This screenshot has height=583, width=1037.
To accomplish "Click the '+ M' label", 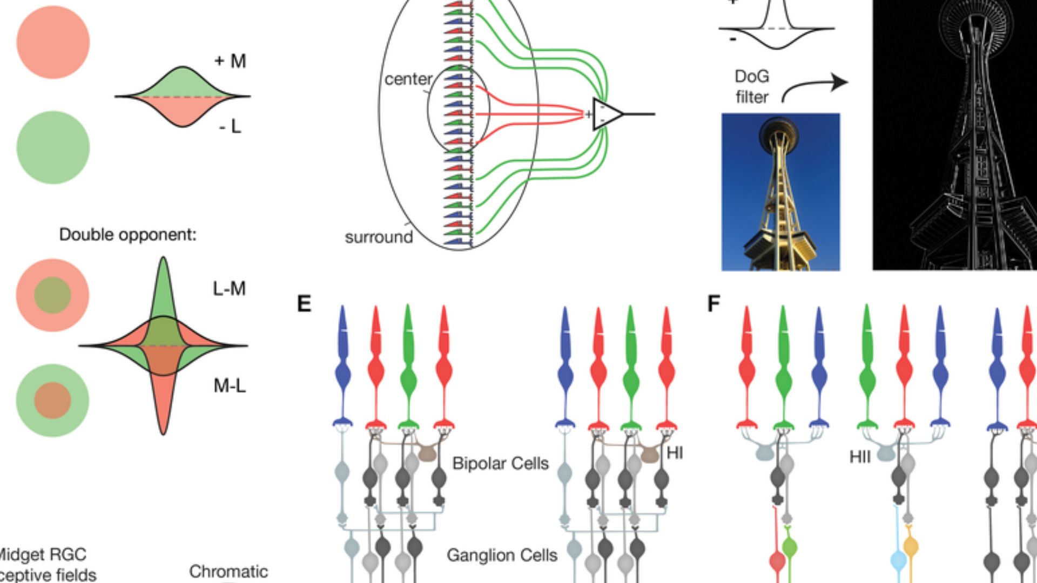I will coord(231,61).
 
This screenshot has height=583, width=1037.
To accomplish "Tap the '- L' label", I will coord(230,127).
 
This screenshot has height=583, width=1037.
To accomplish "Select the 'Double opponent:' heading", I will coord(128,235).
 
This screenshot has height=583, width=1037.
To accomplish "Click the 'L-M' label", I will coord(229,289).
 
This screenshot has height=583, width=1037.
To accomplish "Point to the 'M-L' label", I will coord(230,386).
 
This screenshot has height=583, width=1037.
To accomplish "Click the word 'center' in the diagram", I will coord(408,79).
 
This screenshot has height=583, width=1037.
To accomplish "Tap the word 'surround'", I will coord(379,237).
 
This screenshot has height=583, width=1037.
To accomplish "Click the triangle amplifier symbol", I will coord(607,114).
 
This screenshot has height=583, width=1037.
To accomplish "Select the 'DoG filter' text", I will coord(751,87).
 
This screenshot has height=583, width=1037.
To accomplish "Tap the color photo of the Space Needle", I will coord(780,192).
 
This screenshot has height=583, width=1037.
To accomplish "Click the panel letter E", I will coord(304,304).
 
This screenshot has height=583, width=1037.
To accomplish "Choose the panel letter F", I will coord(713,304).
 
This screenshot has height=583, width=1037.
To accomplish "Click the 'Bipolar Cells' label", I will coord(500,464).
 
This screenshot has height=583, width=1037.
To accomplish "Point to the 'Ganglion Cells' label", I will coord(502,555).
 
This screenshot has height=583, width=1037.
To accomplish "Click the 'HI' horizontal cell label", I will coord(675,453).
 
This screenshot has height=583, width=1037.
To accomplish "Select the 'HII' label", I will coord(860,457).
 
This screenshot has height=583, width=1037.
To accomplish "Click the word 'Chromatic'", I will coord(228,572).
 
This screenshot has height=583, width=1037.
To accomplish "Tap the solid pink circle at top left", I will coord(53,43).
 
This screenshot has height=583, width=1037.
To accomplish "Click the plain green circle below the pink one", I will coord(53,147).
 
